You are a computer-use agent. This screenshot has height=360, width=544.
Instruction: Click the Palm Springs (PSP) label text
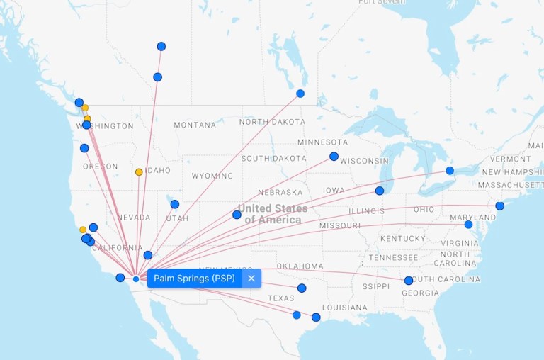(194, 279)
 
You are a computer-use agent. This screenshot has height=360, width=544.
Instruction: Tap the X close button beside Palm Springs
(251, 279)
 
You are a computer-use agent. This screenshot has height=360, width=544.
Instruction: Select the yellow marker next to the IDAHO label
(139, 172)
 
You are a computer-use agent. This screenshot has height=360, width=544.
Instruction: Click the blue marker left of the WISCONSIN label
(334, 157)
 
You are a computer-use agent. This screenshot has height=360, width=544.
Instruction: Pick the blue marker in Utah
(175, 204)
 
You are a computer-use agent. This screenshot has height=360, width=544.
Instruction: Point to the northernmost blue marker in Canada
(161, 47)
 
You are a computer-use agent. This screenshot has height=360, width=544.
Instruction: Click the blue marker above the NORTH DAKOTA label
(300, 94)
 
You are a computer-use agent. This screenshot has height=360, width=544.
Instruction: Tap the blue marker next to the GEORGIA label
(409, 281)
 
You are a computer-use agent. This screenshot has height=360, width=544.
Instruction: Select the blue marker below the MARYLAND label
(468, 225)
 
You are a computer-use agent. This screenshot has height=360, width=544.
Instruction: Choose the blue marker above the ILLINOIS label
(380, 191)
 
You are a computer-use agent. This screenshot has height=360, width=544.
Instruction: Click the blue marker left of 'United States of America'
(237, 215)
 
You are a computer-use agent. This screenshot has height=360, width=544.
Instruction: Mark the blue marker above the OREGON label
(84, 148)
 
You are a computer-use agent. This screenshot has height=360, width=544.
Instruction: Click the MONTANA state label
(195, 125)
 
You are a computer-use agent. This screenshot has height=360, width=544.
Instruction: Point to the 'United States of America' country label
(273, 214)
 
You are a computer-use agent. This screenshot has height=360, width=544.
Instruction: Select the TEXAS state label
(280, 298)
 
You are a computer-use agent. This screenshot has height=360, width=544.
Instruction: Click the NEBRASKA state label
(280, 193)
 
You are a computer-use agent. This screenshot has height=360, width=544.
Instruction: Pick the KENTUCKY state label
(403, 239)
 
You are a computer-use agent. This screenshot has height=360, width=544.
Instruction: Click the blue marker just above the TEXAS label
(302, 288)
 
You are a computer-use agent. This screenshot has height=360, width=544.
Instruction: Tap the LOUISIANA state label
(345, 308)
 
